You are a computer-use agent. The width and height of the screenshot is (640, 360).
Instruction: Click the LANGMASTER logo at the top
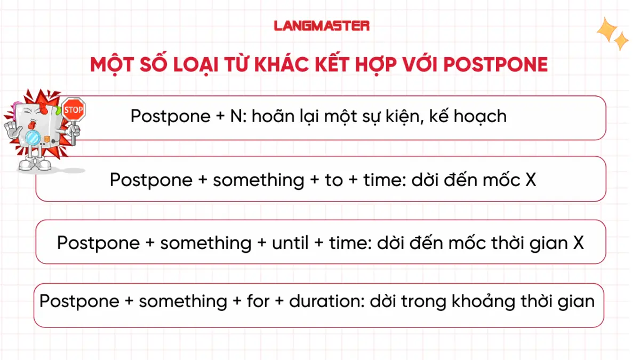coord(322,25)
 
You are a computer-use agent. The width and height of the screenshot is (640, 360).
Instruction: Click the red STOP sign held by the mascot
coord(73,110)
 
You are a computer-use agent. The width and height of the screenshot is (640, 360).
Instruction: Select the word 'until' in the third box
coord(290,243)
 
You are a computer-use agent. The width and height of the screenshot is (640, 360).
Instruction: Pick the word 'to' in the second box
coord(334,180)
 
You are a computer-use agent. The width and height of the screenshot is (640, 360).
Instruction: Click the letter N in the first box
coord(236,116)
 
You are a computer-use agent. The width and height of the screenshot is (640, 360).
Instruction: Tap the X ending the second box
coord(530,180)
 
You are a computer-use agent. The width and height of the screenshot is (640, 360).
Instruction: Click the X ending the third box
coord(578,243)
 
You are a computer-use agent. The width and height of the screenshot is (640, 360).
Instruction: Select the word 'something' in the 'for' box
coord(183,302)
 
